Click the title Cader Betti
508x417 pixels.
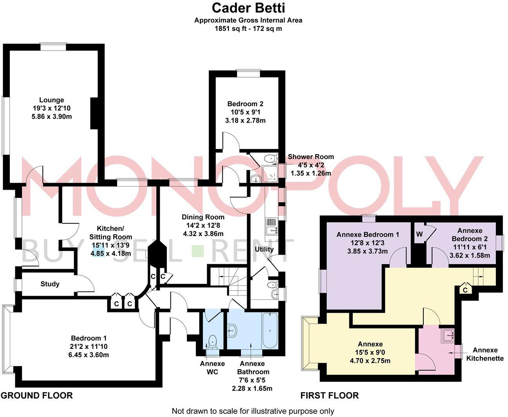pyautogui.click(x=248, y=7)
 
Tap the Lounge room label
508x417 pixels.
pyautogui.click(x=51, y=100)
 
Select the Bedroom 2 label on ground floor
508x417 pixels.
pyautogui.click(x=245, y=104)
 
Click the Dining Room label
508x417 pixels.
pyautogui.click(x=203, y=217)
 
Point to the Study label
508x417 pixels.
pyautogui.click(x=50, y=284)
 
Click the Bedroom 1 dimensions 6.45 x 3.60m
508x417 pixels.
pyautogui.click(x=89, y=355)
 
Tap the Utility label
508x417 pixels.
pyautogui.click(x=264, y=249)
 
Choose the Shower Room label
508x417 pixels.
pyautogui.click(x=311, y=157)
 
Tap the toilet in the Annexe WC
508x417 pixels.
pyautogui.click(x=213, y=341)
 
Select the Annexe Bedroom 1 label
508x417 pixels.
pyautogui.click(x=368, y=235)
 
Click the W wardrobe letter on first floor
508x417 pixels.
pyautogui.click(x=419, y=234)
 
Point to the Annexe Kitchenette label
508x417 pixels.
pyautogui.click(x=484, y=354)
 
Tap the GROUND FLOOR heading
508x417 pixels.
pyautogui.click(x=37, y=395)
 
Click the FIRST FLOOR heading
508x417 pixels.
pyautogui.click(x=329, y=395)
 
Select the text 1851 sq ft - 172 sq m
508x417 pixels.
pyautogui.click(x=248, y=29)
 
